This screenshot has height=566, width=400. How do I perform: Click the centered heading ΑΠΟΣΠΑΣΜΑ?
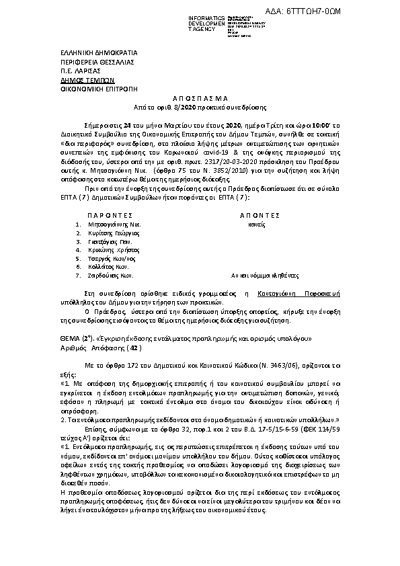[199, 97]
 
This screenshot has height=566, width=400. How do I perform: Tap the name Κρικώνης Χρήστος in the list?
[116, 249]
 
